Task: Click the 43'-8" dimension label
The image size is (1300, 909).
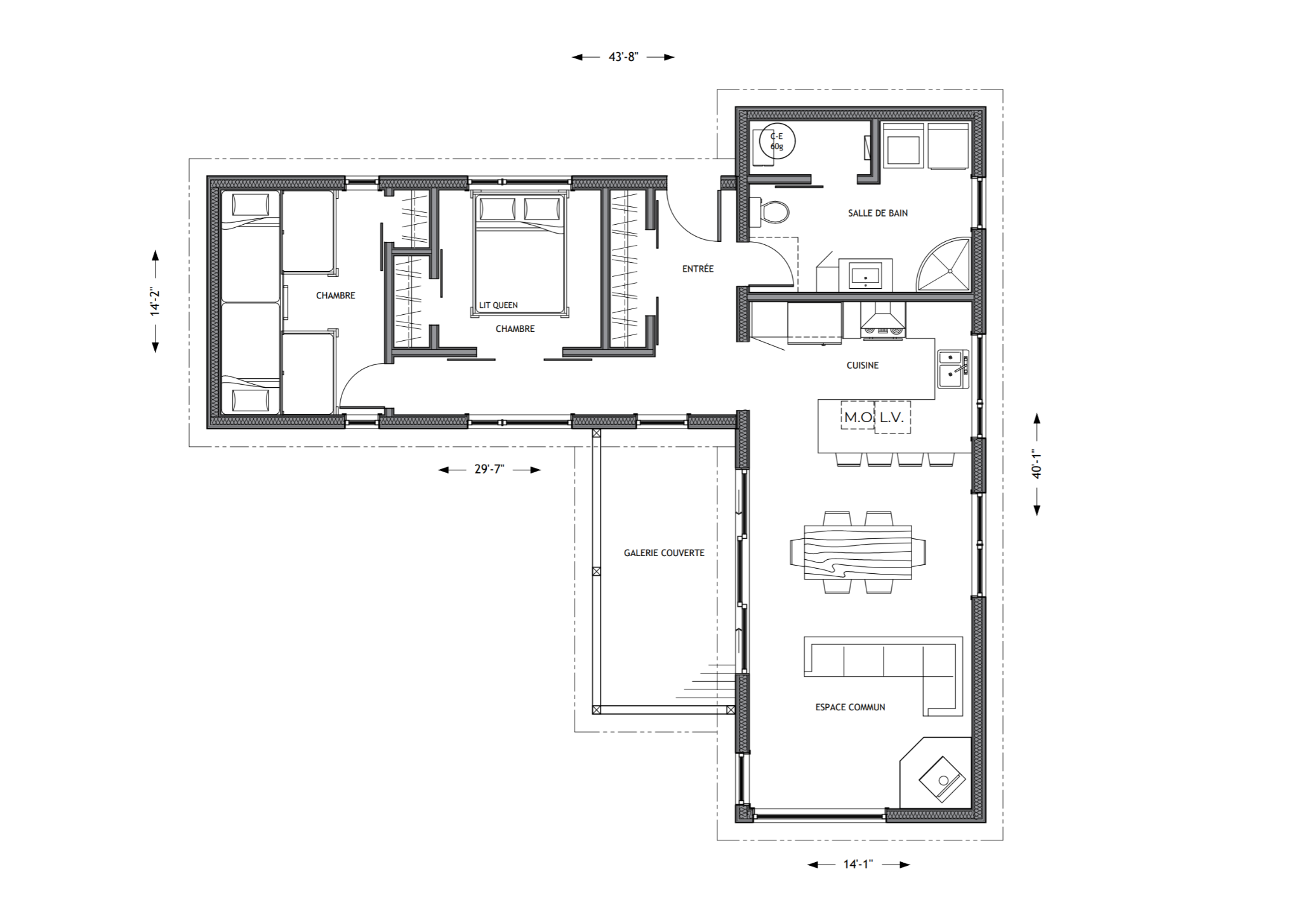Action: coord(623,57)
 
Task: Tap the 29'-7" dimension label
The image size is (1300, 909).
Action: coord(489,470)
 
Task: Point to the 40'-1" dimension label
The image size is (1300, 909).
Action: coord(1037,464)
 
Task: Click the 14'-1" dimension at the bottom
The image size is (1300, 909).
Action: coord(858,864)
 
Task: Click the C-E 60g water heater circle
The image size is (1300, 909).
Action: coord(777,142)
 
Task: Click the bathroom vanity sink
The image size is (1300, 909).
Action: coord(865,275)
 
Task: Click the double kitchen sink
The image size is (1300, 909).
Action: coord(953,369)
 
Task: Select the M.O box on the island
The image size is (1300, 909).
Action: coord(857,416)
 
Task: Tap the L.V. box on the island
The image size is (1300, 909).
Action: coord(892,417)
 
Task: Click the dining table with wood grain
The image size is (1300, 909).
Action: coord(858,552)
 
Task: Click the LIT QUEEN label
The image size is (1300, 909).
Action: coord(498,305)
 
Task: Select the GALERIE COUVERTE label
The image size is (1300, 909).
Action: coord(664,553)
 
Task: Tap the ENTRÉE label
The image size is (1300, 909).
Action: coord(698,269)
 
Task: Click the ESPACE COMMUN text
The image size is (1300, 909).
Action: coord(850,707)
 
